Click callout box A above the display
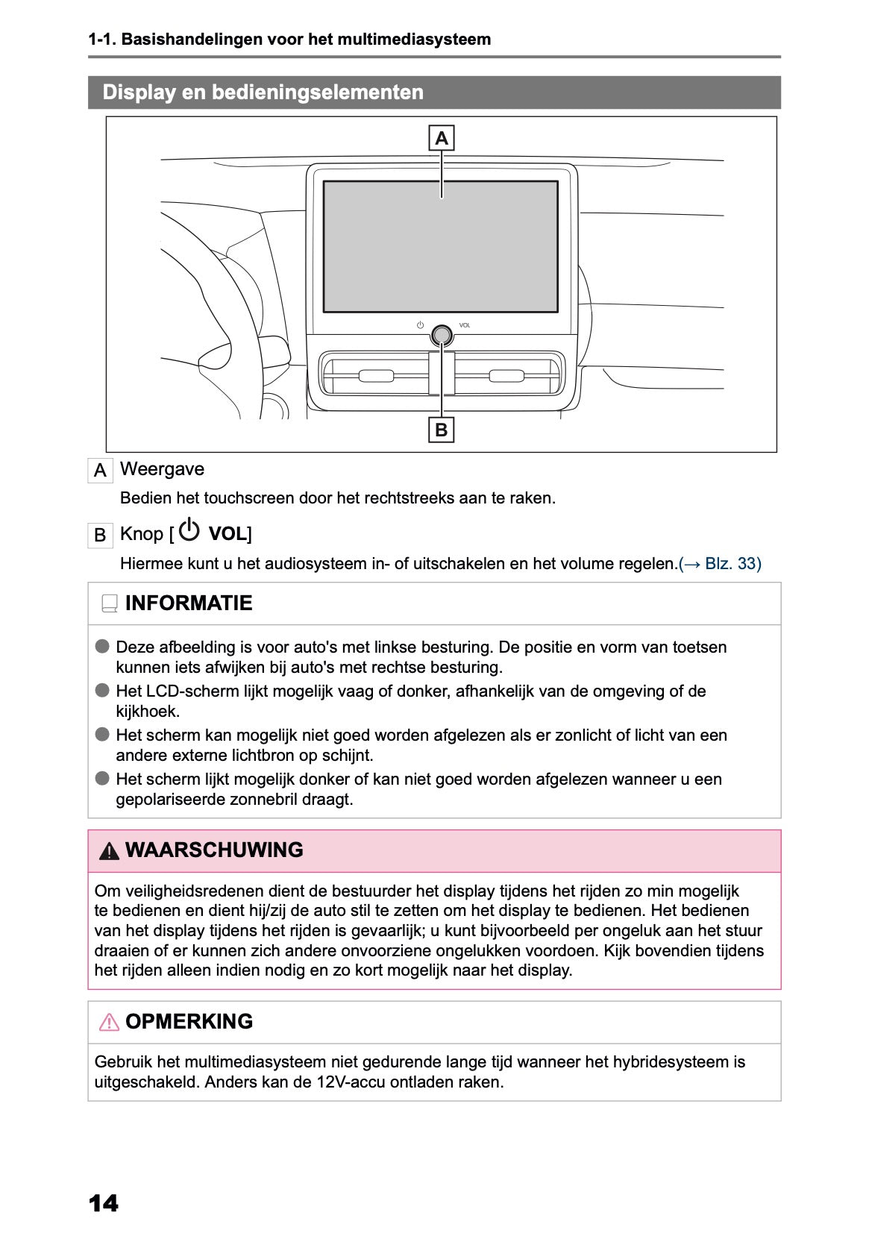click(442, 139)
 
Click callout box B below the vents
click(442, 430)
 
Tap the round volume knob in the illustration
click(442, 336)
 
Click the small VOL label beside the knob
click(465, 325)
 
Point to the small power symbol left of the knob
click(421, 325)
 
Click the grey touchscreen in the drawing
click(440, 246)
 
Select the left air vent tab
click(376, 375)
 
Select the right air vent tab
click(506, 375)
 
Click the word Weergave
click(162, 469)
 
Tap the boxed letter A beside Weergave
click(100, 471)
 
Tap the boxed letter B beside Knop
click(100, 535)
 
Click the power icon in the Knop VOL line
click(189, 530)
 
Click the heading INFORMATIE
click(189, 603)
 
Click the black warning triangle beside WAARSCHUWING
click(109, 850)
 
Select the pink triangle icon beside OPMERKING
click(109, 1022)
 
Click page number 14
click(103, 1203)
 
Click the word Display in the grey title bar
click(139, 92)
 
